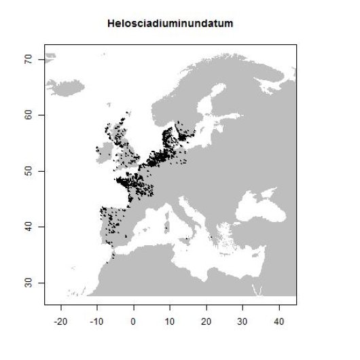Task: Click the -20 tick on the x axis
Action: tap(61, 319)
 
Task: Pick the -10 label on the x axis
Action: tap(97, 319)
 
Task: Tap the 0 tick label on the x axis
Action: tap(134, 319)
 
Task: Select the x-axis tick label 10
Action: tap(170, 319)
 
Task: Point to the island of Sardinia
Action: tap(166, 227)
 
